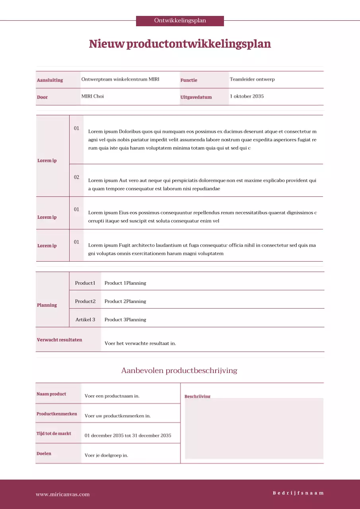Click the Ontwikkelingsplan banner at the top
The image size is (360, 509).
pos(180,21)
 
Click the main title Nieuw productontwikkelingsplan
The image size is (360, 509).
pos(180,44)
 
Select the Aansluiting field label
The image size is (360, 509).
pos(50,80)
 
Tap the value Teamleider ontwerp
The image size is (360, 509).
pos(252,79)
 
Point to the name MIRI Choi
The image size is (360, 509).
pos(93,96)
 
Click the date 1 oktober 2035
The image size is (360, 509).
pos(247,96)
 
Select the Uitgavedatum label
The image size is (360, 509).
pos(196,97)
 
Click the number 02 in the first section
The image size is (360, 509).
pos(76,177)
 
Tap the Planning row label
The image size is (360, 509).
pos(47,305)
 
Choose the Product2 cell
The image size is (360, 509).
pos(85,301)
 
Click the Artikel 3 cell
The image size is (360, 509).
pos(85,320)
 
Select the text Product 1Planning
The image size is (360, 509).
pos(125,283)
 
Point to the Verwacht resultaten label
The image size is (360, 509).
pos(59,340)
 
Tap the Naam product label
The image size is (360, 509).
pos(51,394)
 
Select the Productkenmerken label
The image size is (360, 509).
pos(56,414)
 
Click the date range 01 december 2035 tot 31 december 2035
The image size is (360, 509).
pos(128,435)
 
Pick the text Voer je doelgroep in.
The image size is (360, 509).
pos(106,455)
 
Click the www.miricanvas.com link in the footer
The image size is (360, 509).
pos(62,495)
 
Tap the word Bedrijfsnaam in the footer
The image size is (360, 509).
pos(298,493)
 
